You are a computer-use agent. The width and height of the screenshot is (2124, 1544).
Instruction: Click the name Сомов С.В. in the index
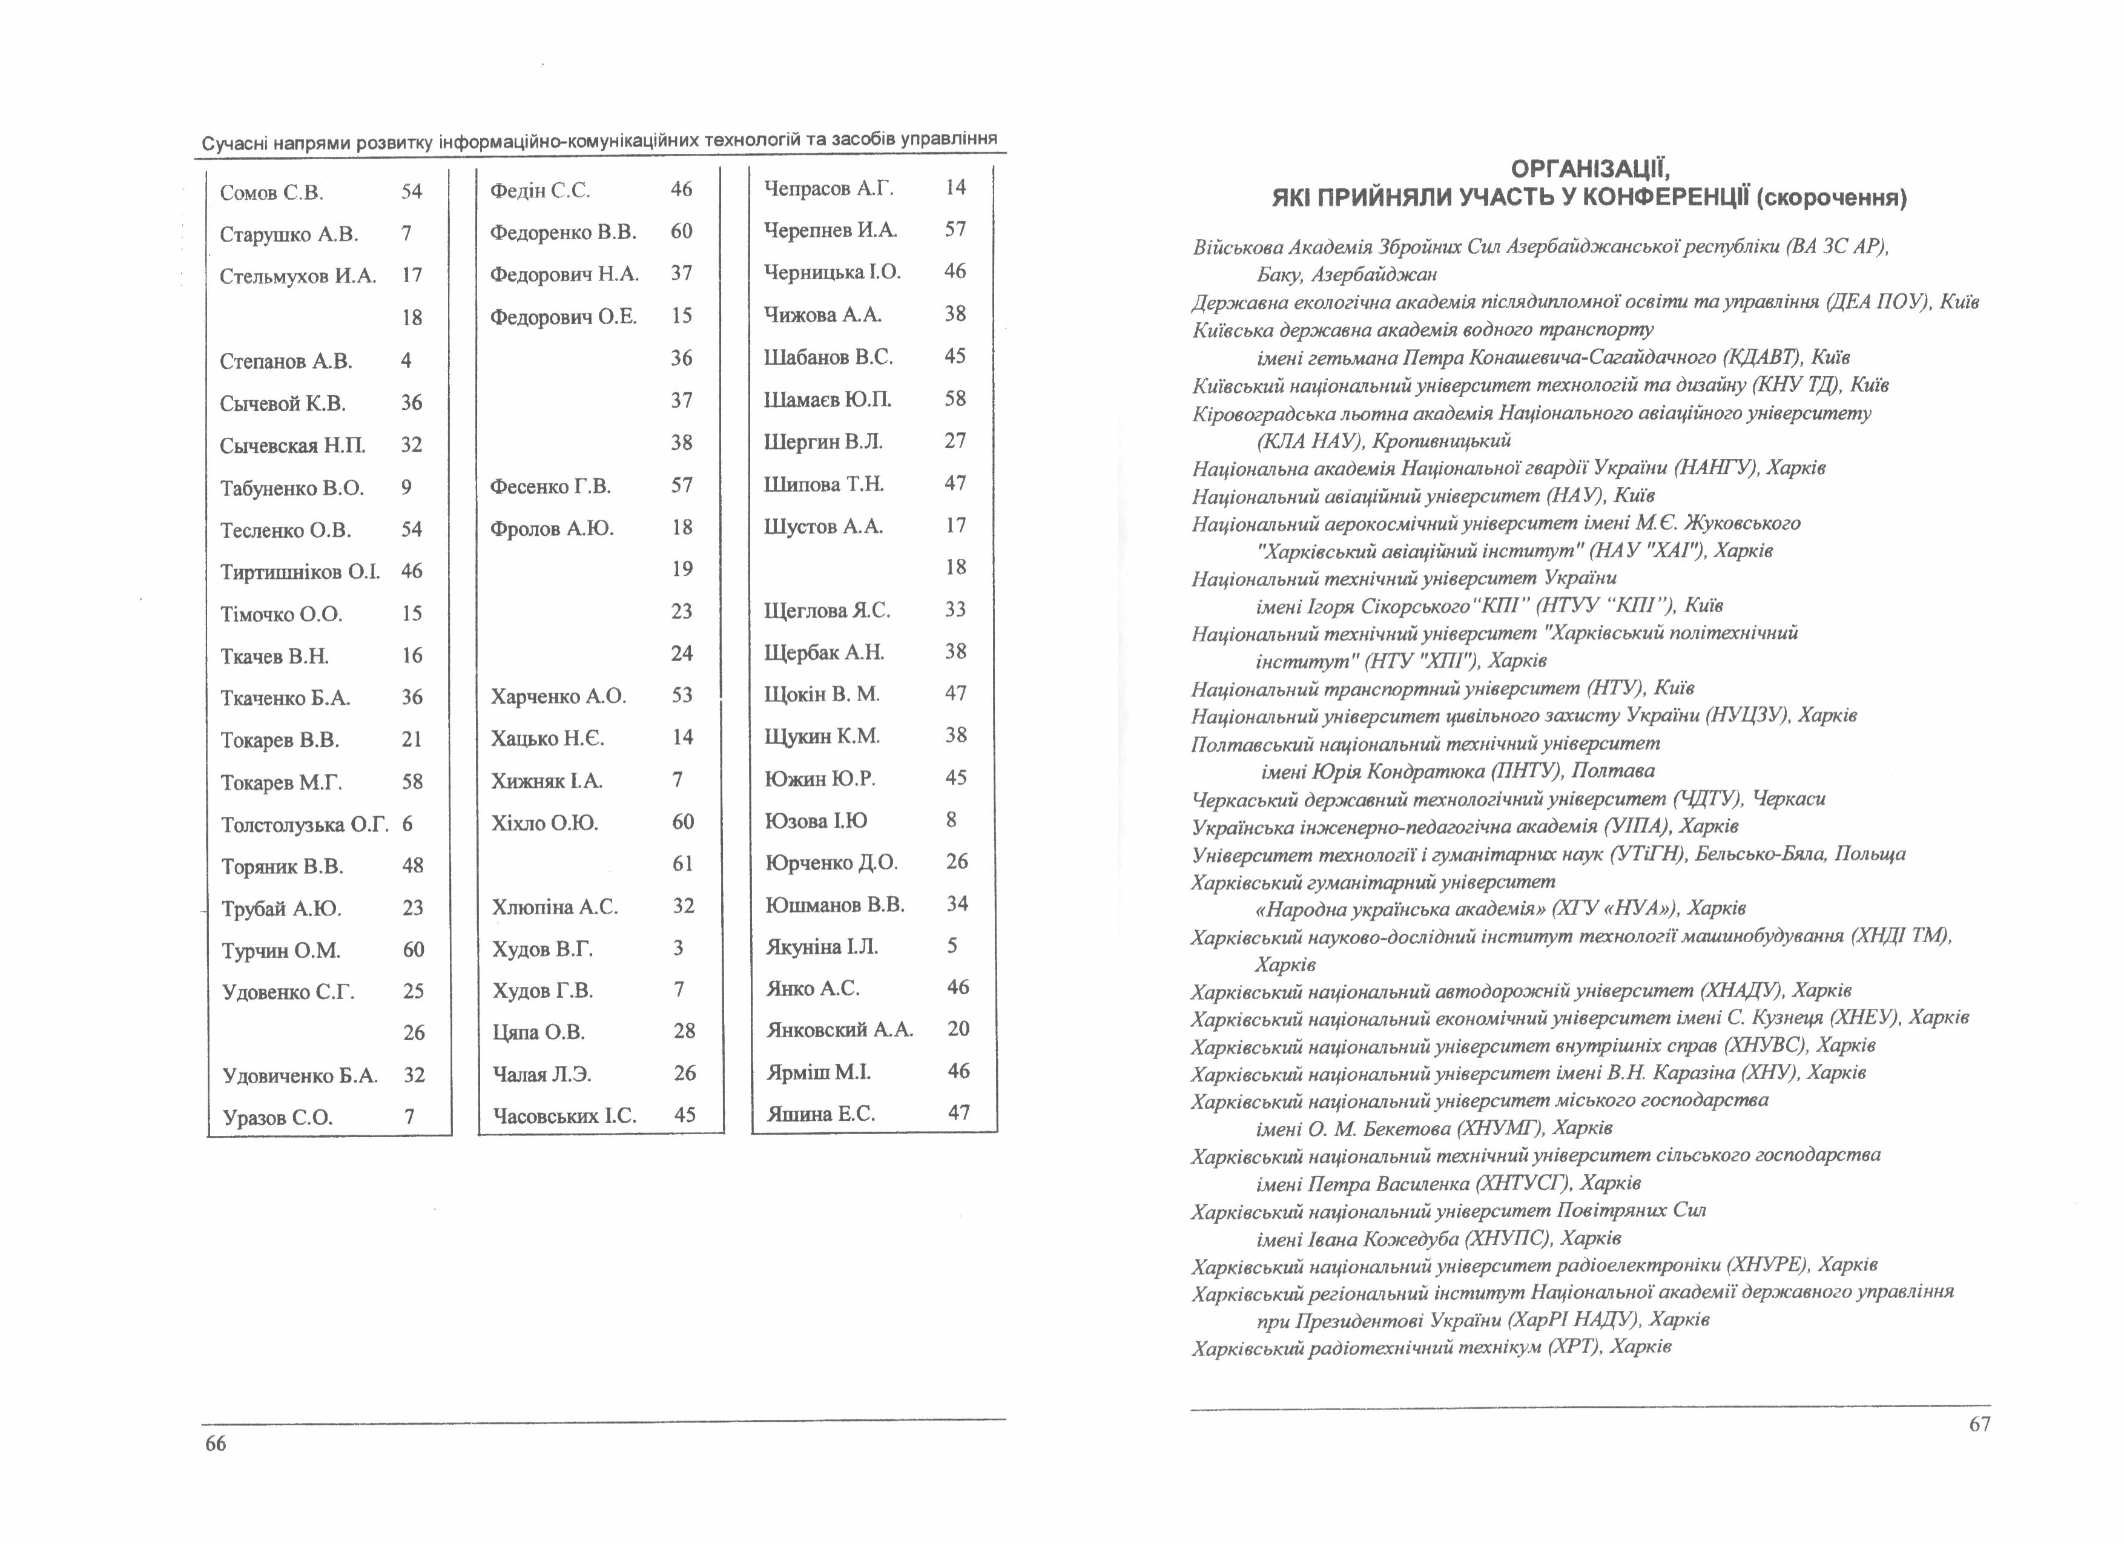click(x=272, y=193)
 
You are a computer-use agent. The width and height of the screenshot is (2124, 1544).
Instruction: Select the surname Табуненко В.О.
click(x=291, y=488)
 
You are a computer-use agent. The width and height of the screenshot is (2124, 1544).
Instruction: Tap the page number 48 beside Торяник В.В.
click(x=412, y=866)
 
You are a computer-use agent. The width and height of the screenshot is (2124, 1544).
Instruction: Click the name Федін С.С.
click(x=539, y=191)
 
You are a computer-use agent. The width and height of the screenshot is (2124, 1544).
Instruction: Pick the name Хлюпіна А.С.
click(x=555, y=906)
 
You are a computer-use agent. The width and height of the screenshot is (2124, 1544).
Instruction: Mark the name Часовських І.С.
click(x=564, y=1115)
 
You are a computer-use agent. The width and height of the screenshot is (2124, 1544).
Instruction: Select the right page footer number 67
click(x=1979, y=1424)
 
